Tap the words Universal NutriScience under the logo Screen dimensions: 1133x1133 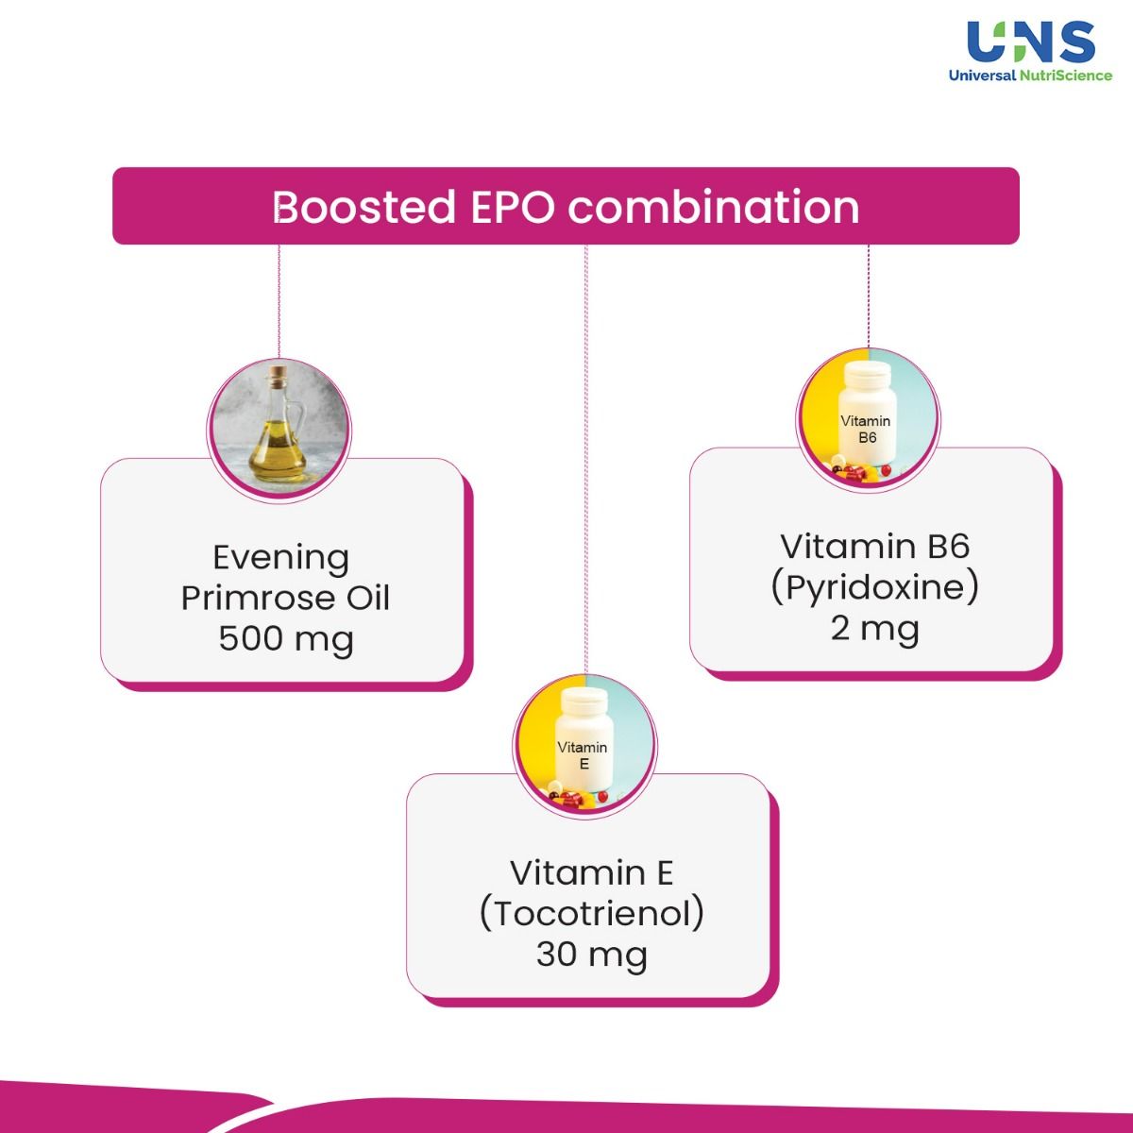click(1031, 76)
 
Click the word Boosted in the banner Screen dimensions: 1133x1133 click(364, 207)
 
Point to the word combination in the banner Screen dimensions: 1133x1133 click(714, 207)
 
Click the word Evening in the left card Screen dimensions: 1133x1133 click(280, 558)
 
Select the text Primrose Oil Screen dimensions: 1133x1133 click(285, 598)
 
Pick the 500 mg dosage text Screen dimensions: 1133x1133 click(285, 638)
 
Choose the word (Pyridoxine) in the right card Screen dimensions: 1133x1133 click(873, 587)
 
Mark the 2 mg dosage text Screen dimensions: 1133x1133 click(874, 628)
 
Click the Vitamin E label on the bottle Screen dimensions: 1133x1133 click(583, 755)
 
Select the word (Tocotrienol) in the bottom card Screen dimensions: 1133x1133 click(592, 914)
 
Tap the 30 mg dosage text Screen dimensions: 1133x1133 click(592, 955)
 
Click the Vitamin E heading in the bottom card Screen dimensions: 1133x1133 click(592, 872)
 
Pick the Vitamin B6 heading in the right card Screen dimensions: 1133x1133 click(874, 546)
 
